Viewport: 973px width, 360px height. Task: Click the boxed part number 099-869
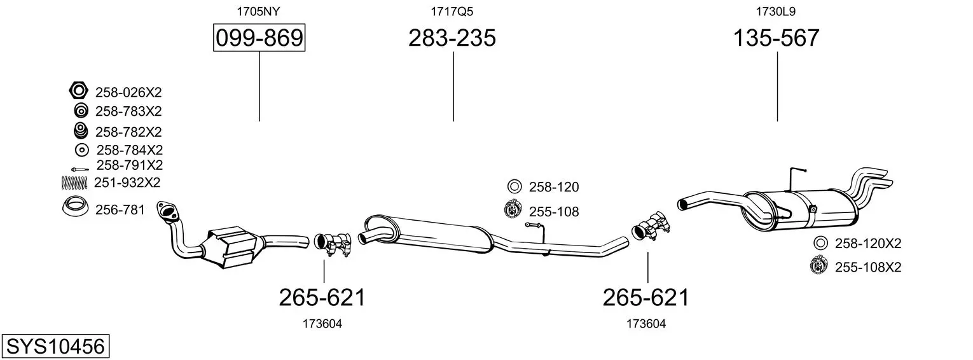[259, 38]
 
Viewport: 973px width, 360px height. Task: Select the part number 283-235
[452, 38]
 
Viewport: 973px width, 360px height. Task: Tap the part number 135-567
[776, 38]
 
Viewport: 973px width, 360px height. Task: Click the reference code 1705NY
[258, 11]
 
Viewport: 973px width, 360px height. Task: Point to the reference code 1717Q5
[452, 11]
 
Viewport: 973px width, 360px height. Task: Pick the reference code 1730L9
[776, 11]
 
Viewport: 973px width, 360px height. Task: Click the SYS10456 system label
[55, 347]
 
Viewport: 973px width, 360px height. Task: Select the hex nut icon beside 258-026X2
[79, 91]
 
